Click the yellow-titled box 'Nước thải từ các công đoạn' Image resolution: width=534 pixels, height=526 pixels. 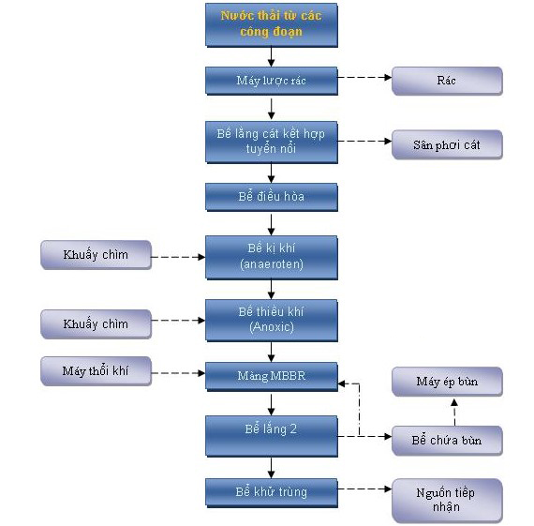[x=272, y=25]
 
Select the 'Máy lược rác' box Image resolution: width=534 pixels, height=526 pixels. [x=272, y=81]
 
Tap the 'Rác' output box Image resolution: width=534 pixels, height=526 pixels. [x=447, y=81]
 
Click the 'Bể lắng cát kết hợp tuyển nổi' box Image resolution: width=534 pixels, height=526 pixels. [x=272, y=143]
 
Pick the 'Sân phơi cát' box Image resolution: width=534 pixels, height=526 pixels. [x=447, y=144]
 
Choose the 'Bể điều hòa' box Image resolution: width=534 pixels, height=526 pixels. [x=272, y=197]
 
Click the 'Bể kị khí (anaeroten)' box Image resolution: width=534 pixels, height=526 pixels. [x=272, y=258]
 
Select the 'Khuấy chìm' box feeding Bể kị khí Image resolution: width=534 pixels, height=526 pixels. [x=96, y=255]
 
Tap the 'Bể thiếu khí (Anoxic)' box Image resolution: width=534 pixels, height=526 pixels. [x=272, y=321]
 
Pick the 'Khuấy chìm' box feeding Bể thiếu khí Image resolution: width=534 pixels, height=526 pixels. [x=96, y=324]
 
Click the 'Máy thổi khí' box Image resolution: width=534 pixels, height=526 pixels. [x=96, y=371]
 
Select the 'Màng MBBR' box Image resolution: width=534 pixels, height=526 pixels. [x=272, y=376]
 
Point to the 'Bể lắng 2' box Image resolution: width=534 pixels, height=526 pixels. [x=272, y=436]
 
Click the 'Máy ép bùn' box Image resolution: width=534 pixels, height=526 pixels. [x=447, y=382]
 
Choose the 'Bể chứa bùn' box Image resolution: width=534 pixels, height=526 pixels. [x=447, y=441]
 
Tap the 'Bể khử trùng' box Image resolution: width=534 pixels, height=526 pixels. [x=272, y=493]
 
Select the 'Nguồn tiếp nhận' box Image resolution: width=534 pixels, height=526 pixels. [x=447, y=501]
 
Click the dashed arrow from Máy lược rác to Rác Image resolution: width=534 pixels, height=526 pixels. [x=364, y=78]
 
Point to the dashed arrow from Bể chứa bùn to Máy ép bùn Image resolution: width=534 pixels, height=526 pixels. [x=454, y=413]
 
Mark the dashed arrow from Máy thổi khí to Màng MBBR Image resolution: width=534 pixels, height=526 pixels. [x=178, y=373]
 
